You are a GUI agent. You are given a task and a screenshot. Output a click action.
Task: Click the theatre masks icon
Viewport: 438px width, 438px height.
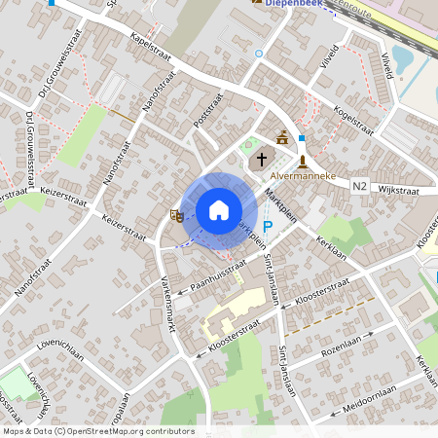pos(177,214)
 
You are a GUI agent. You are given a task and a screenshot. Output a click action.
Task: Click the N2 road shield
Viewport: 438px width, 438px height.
pos(360,185)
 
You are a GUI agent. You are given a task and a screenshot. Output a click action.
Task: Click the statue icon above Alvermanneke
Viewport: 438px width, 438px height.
pos(304,162)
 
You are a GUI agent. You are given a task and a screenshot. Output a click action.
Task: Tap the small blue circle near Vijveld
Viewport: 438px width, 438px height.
pos(259,54)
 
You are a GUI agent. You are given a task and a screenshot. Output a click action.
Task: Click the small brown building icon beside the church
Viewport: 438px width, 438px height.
pos(282,137)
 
